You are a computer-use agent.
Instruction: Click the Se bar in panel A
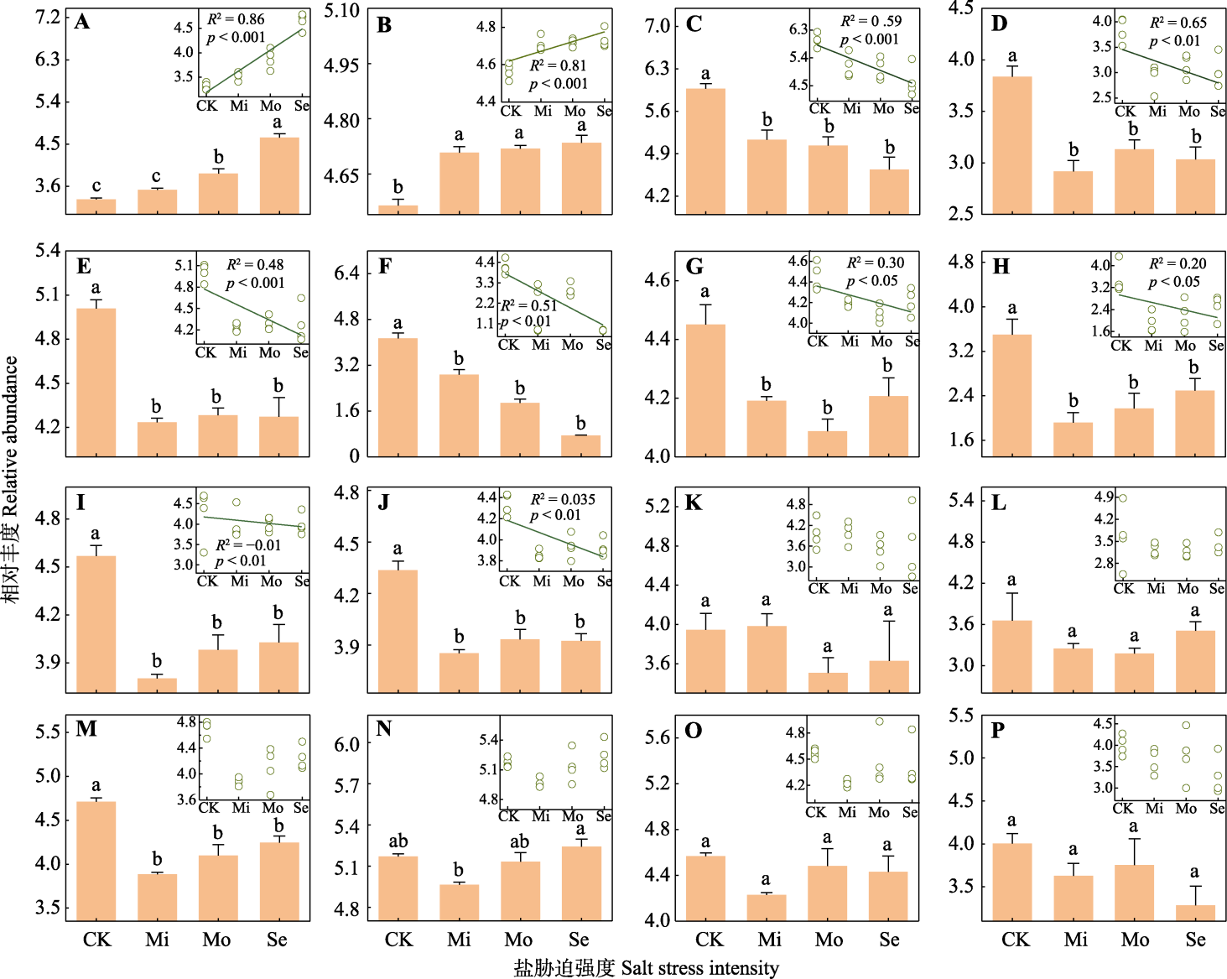[279, 175]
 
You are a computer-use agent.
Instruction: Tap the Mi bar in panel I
[157, 685]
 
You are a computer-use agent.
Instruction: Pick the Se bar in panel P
[1195, 913]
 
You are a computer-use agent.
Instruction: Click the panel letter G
[694, 267]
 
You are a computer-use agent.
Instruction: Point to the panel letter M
[86, 728]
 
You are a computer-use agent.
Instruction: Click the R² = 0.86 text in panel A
[236, 19]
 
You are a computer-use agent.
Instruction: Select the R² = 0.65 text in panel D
[1178, 23]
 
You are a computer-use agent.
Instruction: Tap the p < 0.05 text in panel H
[1173, 282]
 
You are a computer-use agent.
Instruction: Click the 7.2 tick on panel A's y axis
[47, 18]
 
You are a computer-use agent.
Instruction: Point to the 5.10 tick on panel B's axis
[341, 11]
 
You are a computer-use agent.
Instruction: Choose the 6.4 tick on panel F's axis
[346, 273]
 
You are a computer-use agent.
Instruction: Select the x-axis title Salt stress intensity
[699, 968]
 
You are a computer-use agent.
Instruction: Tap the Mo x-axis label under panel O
[829, 940]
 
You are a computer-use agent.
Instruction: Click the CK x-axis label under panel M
[96, 940]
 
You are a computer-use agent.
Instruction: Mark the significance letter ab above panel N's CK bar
[398, 841]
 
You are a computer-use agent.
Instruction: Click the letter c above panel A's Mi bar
[156, 177]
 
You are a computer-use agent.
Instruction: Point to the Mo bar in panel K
[828, 682]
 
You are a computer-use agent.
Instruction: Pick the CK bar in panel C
[705, 151]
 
